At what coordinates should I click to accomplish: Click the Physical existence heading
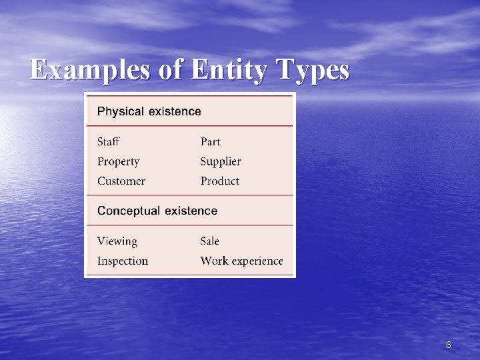(x=149, y=111)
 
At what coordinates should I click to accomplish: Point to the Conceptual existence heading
(x=157, y=211)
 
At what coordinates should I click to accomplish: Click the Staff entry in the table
(x=109, y=141)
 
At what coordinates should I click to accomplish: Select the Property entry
(x=118, y=161)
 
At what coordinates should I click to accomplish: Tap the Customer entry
(x=121, y=181)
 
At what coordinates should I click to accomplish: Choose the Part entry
(x=210, y=141)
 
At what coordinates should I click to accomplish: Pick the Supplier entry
(x=220, y=161)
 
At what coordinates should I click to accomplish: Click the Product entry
(x=219, y=181)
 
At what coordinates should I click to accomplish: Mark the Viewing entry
(x=117, y=241)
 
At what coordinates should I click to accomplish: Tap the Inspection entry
(x=123, y=261)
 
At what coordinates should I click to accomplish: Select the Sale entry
(x=209, y=241)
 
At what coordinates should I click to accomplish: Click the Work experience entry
(x=241, y=261)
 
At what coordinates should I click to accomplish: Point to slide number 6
(x=448, y=345)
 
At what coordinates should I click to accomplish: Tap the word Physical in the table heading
(x=121, y=111)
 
